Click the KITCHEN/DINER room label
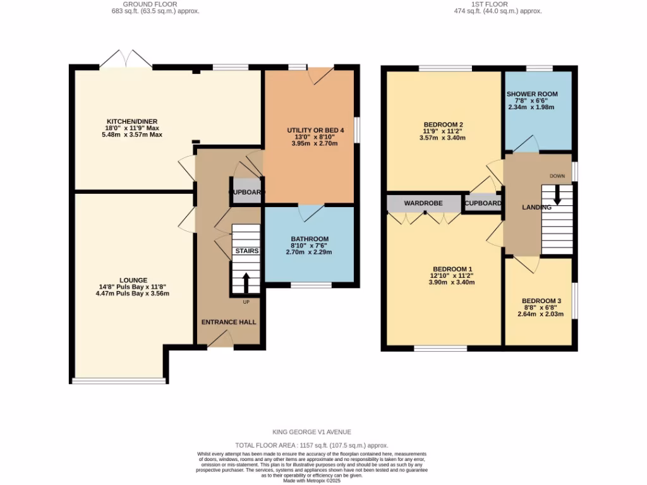tap(131, 121)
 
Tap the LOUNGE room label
tap(133, 280)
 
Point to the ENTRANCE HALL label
tap(229, 322)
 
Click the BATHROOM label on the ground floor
tap(310, 239)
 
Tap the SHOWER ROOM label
tap(532, 94)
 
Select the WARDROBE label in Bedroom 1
tap(423, 203)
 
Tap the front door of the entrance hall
tap(220, 340)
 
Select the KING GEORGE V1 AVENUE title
tap(311, 432)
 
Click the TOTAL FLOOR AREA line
tap(311, 445)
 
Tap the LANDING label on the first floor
tap(536, 207)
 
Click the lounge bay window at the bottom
tap(119, 380)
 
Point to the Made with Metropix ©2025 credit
tap(311, 480)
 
